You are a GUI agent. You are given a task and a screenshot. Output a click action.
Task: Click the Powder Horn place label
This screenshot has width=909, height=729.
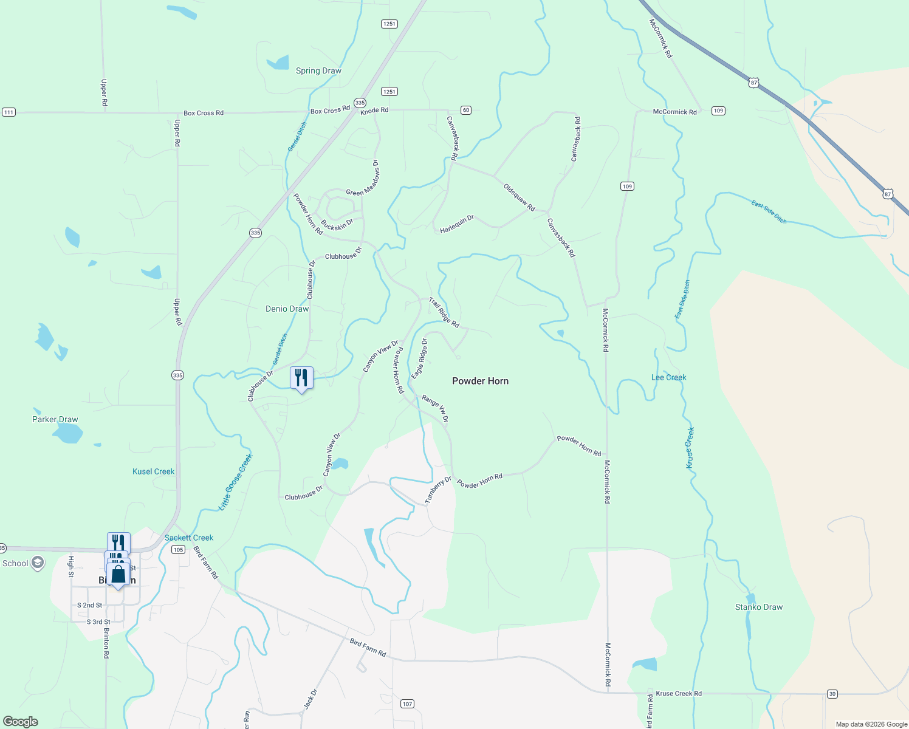point(480,381)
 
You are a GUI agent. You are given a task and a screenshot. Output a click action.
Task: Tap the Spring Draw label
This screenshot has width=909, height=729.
point(318,71)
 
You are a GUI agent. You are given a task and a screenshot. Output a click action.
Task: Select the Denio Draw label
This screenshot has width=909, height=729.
point(287,309)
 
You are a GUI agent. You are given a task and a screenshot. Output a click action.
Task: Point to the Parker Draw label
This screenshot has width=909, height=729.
point(55,419)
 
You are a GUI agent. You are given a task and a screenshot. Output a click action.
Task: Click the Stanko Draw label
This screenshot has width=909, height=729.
point(759,607)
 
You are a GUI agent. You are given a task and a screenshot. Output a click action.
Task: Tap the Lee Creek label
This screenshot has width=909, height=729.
point(668,377)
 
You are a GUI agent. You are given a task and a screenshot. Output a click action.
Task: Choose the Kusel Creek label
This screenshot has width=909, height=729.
point(153,471)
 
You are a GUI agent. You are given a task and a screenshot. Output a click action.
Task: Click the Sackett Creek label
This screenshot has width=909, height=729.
point(189,538)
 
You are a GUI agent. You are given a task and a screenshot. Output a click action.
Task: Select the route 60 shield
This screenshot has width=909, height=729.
point(465,110)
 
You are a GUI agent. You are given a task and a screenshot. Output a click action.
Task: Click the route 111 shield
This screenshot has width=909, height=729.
point(9,112)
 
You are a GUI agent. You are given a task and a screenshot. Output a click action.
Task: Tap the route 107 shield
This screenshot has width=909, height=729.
point(407,703)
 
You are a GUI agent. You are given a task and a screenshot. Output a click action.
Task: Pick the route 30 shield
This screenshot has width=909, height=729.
point(832,694)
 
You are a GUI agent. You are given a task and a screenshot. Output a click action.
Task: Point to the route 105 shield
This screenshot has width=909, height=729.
point(178,550)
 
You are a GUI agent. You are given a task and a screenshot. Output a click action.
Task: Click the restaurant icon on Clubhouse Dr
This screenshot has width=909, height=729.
point(301,378)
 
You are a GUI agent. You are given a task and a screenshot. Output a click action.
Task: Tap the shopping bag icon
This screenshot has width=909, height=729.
point(118,574)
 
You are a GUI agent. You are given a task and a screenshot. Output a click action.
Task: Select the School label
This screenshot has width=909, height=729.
point(16,563)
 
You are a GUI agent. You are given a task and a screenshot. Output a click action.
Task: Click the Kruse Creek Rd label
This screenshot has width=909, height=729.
point(679,693)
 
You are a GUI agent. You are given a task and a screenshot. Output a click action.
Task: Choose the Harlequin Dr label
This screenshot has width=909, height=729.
point(457,224)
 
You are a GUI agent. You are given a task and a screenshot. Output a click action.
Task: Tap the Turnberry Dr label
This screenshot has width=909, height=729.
point(438,490)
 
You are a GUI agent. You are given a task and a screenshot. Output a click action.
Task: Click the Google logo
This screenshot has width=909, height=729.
point(20,721)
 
